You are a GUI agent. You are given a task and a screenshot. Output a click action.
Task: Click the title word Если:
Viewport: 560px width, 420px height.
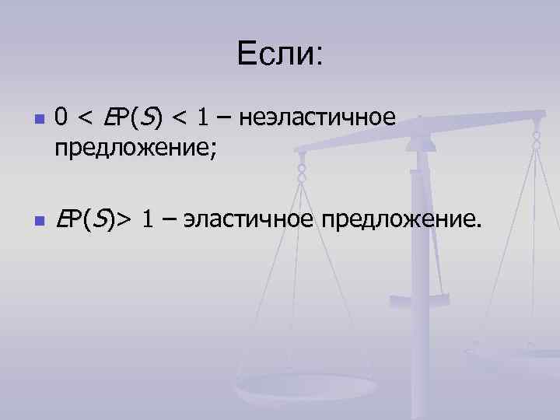pyautogui.click(x=280, y=54)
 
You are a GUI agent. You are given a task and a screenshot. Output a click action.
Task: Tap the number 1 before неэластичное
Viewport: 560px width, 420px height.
pyautogui.click(x=203, y=119)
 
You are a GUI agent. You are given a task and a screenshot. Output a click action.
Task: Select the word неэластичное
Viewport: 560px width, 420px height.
pyautogui.click(x=320, y=119)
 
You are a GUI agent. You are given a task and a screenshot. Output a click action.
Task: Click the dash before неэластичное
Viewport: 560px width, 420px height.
pyautogui.click(x=226, y=119)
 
